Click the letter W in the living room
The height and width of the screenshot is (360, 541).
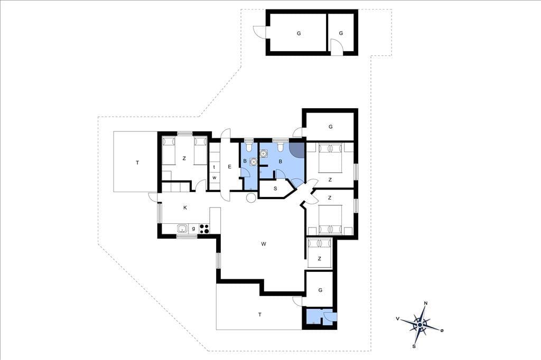(x=264, y=244)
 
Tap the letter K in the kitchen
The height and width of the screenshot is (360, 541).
(x=185, y=207)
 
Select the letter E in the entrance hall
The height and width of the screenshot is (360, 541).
(x=229, y=167)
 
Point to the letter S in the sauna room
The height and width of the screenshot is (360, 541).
(x=275, y=188)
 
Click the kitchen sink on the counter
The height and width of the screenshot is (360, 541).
(x=182, y=228)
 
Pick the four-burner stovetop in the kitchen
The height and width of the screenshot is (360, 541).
(x=204, y=229)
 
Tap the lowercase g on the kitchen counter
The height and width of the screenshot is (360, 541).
(x=193, y=228)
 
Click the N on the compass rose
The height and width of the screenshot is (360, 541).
(x=426, y=304)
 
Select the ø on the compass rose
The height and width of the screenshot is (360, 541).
(x=442, y=330)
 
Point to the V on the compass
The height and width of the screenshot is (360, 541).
(x=398, y=319)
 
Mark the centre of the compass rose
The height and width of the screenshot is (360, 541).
(x=419, y=325)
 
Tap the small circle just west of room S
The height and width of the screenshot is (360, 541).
(x=251, y=197)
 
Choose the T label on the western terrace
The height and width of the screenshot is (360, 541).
(x=137, y=163)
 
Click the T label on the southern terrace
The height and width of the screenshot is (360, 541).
(x=260, y=315)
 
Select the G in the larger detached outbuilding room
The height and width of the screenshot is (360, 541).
(x=299, y=33)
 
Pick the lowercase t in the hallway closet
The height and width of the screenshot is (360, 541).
(x=214, y=167)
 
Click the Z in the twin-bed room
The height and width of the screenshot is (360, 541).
(x=184, y=158)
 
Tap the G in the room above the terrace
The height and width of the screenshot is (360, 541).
(x=320, y=290)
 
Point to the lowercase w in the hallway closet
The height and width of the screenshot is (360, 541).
(x=214, y=178)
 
